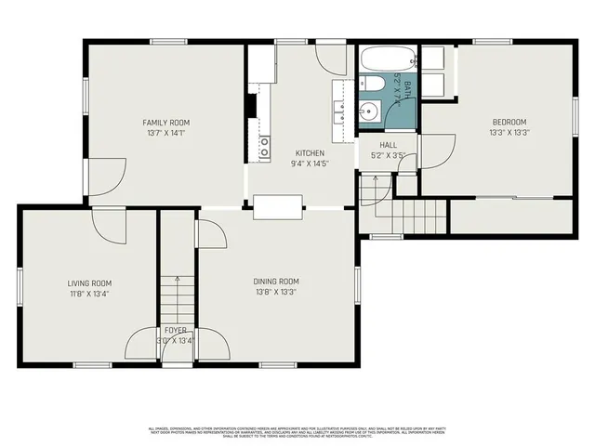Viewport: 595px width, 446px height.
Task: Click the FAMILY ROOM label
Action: pos(166,123)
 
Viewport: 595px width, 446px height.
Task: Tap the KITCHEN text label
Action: pos(310,152)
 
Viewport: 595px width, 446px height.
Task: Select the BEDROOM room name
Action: pos(509,122)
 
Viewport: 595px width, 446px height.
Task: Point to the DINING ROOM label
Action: pos(276,282)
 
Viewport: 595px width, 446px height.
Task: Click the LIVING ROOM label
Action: pos(89,283)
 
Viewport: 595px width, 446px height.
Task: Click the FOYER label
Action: pos(176,330)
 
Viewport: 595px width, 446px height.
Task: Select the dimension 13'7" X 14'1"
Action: pos(166,134)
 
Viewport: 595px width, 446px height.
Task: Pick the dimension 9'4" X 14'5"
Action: pos(310,164)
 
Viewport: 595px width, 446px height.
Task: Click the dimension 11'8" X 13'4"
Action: pos(89,295)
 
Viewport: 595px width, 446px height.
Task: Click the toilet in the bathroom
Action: pos(373,85)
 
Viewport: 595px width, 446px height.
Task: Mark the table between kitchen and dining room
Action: pos(277,206)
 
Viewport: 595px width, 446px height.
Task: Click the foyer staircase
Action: pos(176,297)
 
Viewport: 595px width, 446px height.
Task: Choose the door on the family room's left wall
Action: pos(106,177)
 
